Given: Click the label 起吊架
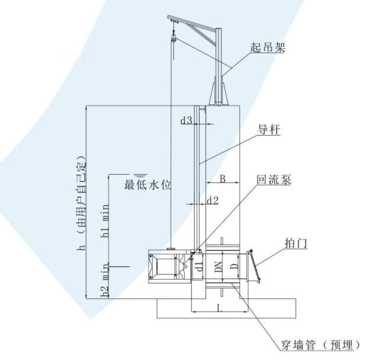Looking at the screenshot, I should coord(268,48).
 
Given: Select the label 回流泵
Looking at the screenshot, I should coord(274,180).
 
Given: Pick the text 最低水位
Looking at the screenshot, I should coord(147,185).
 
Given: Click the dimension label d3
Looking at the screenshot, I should coord(186,120).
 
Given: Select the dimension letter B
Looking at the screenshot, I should coord(222,178).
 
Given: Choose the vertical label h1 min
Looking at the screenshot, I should coord(105,220).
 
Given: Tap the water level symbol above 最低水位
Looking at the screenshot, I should coord(140,175).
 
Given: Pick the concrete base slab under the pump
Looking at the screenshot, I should coord(226,308).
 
